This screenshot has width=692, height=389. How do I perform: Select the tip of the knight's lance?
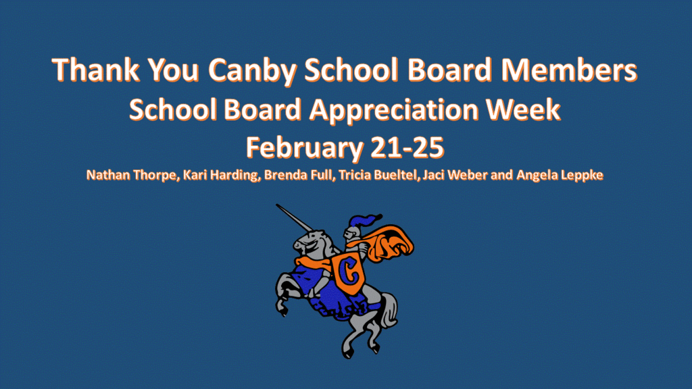(x=278, y=206)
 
